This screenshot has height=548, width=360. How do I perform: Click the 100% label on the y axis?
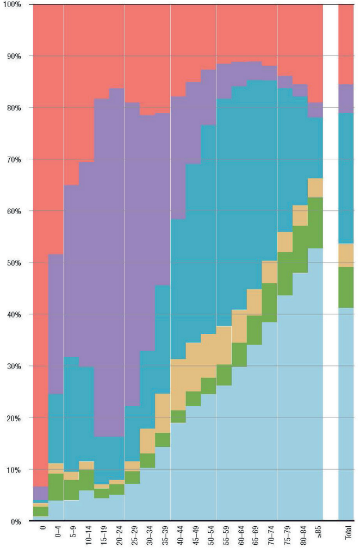point(11,4)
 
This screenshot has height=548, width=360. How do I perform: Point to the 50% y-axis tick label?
point(12,263)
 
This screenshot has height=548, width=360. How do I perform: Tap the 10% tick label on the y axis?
point(12,470)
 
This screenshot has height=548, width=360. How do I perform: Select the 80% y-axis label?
point(12,108)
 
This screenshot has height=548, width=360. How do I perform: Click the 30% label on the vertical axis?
point(12,366)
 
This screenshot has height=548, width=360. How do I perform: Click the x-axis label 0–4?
point(57,535)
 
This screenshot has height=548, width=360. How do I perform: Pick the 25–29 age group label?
point(133,536)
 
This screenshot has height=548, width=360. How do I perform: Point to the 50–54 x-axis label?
point(209,536)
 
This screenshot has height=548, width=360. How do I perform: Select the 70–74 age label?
point(270,536)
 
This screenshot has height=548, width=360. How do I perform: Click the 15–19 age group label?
point(102,536)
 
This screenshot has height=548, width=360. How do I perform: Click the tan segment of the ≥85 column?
point(315,188)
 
